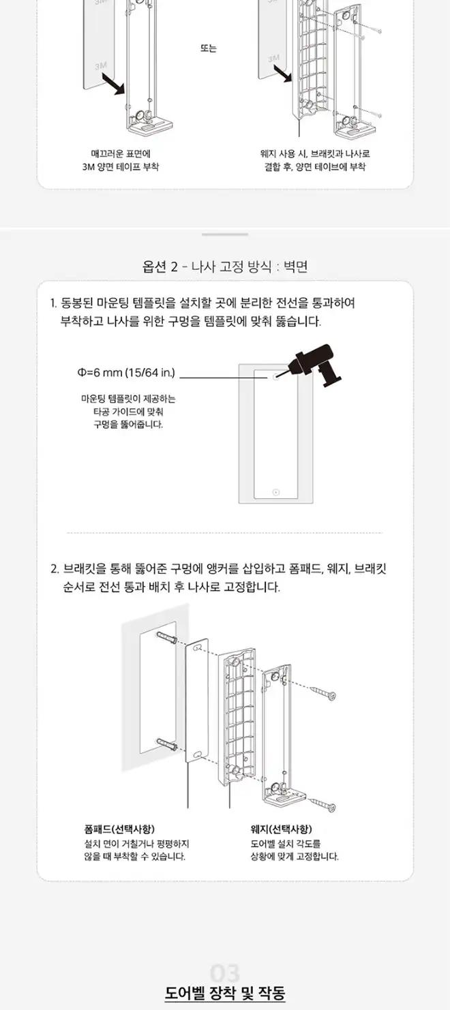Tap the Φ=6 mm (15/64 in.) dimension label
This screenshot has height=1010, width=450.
pyautogui.click(x=126, y=372)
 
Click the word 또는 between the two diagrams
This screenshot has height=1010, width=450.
pyautogui.click(x=209, y=48)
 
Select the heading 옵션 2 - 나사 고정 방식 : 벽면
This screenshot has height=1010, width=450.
pyautogui.click(x=225, y=267)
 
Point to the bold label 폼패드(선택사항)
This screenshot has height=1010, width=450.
pyautogui.click(x=119, y=829)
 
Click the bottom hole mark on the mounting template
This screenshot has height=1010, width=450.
pyautogui.click(x=276, y=491)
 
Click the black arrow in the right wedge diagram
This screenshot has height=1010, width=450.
pyautogui.click(x=283, y=74)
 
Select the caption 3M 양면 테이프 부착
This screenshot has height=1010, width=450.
pyautogui.click(x=121, y=166)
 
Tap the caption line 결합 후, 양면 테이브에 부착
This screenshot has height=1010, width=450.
pyautogui.click(x=315, y=166)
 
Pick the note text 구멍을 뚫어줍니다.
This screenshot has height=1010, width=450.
pyautogui.click(x=128, y=424)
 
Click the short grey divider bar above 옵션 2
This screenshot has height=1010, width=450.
pyautogui.click(x=225, y=234)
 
